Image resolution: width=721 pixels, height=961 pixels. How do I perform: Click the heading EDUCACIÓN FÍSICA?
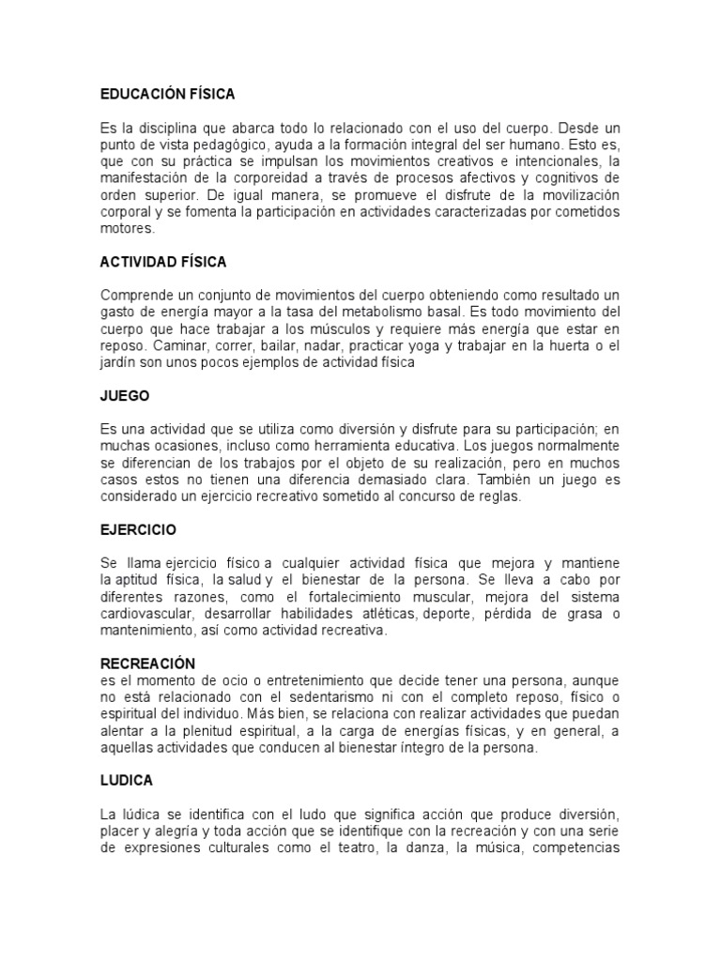(167, 94)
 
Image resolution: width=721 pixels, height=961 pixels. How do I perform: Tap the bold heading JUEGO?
(124, 396)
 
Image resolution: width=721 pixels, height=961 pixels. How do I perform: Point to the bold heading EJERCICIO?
(138, 530)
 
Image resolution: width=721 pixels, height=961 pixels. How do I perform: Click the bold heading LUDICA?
(127, 780)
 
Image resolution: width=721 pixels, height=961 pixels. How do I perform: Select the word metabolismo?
(447, 311)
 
